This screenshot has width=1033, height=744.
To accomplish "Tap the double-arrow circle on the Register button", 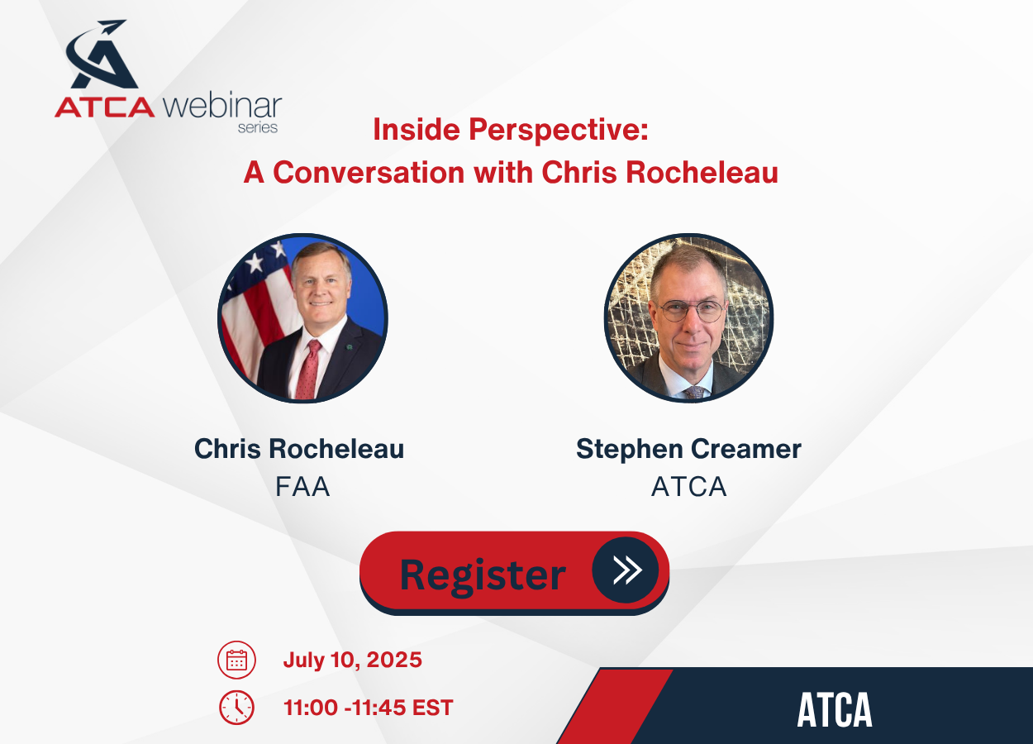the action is coord(626,570).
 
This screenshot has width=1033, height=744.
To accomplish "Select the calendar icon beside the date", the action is coord(236,660).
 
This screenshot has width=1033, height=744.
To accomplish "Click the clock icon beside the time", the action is coord(236,708).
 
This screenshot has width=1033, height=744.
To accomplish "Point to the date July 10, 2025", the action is coord(353,660).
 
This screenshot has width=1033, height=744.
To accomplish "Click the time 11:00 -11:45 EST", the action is coord(369,708).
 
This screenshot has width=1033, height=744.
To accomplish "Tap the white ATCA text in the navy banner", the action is coord(835,710).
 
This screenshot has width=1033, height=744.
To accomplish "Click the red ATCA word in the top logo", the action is coord(105,107).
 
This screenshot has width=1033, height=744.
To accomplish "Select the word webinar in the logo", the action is coord(222,106).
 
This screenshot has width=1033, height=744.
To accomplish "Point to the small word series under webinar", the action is coord(258,127).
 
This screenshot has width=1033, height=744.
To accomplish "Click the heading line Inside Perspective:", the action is coord(511,130).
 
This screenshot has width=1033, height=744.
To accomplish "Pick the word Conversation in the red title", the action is coord(369,173).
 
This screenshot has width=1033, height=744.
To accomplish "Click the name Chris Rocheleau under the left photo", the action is coord(299,449).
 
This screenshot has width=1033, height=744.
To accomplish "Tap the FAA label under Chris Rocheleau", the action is coord(302,487).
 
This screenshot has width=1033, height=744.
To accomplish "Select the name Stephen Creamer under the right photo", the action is coord(689,449).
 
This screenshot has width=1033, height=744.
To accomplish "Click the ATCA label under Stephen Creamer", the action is coord(689,487).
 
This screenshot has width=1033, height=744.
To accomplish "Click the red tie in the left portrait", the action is coord(308,370).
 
